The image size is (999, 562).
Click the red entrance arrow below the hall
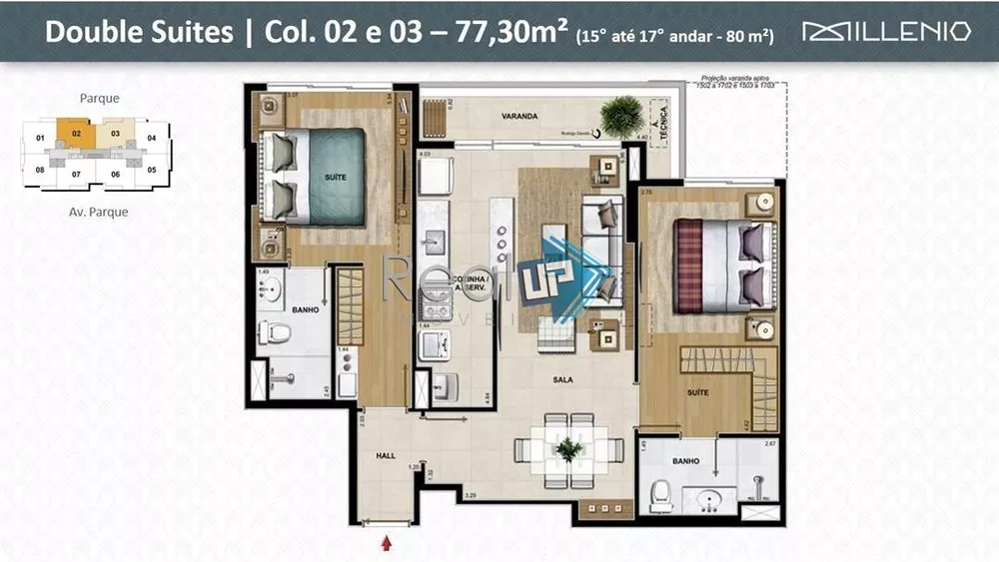click(387, 543)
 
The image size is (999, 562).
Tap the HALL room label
click(386, 455)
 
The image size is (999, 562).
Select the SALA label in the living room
click(562, 379)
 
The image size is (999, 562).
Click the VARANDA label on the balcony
click(519, 117)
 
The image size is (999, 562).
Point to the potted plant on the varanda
click(621, 115)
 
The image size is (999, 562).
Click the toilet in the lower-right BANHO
click(660, 495)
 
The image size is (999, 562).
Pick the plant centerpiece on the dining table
click(569, 450)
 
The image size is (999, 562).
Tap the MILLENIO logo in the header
click(886, 31)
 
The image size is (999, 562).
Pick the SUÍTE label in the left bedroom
click(336, 177)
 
